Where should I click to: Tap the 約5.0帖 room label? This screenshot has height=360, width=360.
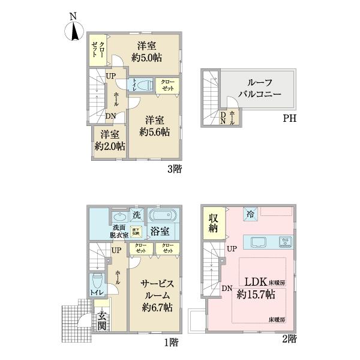click(149, 52)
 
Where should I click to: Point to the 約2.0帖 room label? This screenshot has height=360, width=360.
click(109, 140)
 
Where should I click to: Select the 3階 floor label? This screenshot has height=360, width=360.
click(174, 169)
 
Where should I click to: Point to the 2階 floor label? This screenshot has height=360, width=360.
click(289, 340)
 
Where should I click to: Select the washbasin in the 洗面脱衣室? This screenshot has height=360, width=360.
click(118, 217)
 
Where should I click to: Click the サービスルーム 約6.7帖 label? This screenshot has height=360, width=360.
click(157, 295)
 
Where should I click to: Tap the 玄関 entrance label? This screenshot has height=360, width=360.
click(103, 322)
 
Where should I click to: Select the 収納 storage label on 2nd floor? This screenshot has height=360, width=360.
click(213, 223)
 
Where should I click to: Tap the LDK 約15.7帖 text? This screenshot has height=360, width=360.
click(260, 287)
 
